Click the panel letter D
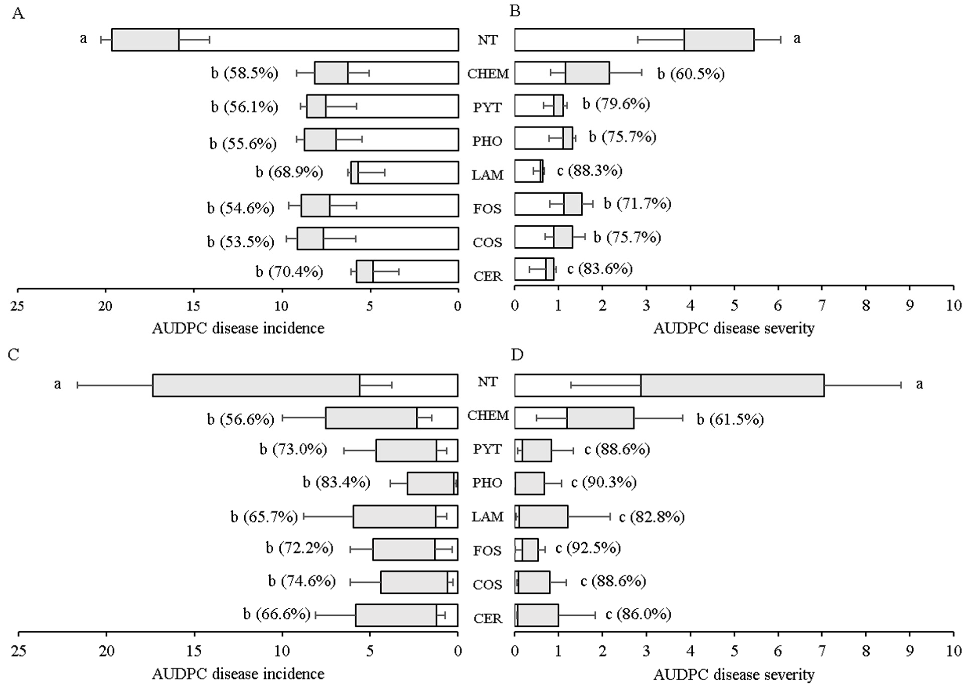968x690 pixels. pos(517,354)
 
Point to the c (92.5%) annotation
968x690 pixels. pos(588,548)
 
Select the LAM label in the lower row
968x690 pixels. pos(488,517)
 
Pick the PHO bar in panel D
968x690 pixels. pos(529,483)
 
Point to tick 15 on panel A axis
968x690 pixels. pos(193,306)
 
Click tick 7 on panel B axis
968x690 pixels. pos(822,306)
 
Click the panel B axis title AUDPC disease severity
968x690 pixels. pos(734,328)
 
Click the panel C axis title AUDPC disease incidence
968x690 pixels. pos(238,674)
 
